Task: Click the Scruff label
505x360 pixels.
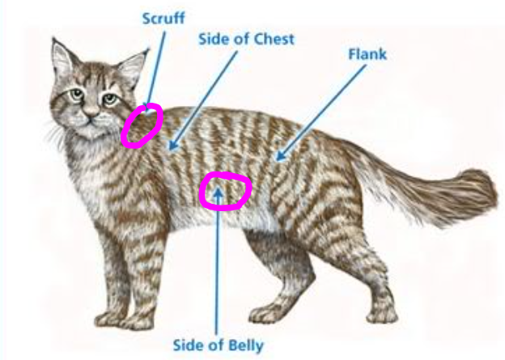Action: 163,19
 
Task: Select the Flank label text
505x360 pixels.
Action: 367,54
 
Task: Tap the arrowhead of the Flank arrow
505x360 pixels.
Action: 280,155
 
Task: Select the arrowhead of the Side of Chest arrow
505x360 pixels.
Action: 173,145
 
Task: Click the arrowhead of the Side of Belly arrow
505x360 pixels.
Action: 218,193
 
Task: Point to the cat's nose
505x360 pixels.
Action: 91,112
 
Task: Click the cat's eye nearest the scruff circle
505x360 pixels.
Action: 110,98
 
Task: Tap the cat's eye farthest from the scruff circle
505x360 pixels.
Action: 77,95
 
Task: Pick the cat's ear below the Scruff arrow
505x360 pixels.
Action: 134,68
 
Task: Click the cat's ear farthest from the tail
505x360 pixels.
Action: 65,58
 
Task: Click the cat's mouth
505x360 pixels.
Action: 91,121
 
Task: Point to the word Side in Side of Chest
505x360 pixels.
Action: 213,40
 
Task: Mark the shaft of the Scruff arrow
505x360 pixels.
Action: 157,68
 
